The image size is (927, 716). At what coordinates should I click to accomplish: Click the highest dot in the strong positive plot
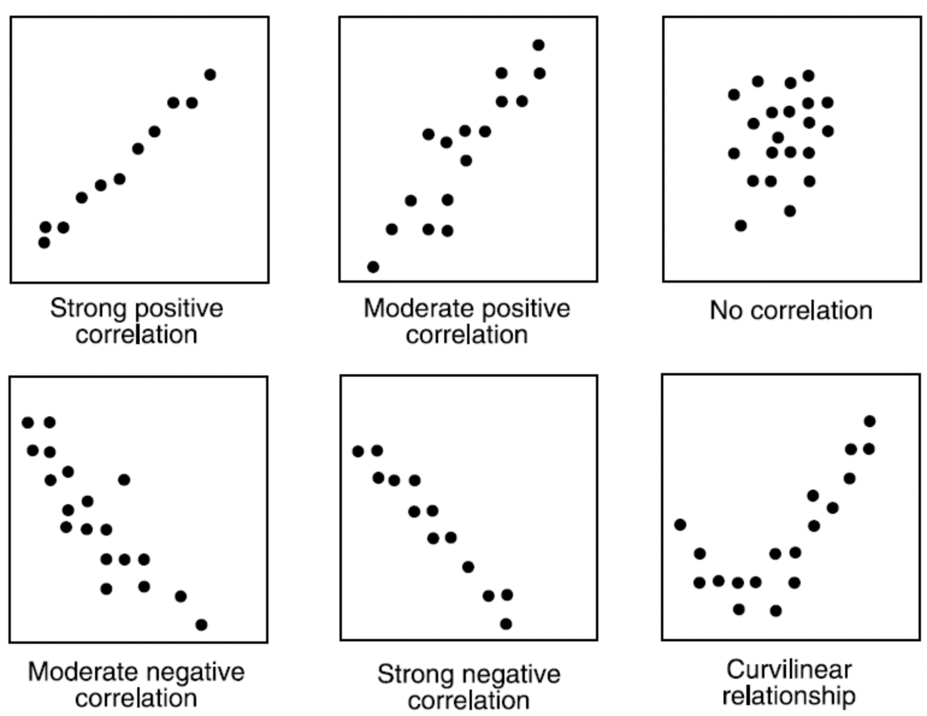(210, 75)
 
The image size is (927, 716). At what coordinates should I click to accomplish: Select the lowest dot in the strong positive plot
(44, 242)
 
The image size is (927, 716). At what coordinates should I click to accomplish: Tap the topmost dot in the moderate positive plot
(539, 45)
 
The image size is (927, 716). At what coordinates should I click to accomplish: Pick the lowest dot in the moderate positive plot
(373, 267)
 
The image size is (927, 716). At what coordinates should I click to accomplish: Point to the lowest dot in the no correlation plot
(741, 226)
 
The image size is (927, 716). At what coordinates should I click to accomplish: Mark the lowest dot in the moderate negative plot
(202, 625)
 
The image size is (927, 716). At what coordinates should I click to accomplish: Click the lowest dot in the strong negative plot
(506, 624)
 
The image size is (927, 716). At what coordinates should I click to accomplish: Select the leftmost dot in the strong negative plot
(358, 451)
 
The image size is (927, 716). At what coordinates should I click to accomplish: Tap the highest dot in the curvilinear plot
(870, 421)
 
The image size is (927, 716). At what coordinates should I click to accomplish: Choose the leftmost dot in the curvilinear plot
(680, 525)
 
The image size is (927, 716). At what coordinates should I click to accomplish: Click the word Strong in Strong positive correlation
(88, 308)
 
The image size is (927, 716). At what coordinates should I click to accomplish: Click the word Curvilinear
(789, 670)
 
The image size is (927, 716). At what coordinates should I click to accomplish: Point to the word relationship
(789, 696)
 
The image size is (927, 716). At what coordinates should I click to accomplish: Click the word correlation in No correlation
(811, 310)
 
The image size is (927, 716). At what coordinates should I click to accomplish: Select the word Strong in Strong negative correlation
(415, 674)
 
